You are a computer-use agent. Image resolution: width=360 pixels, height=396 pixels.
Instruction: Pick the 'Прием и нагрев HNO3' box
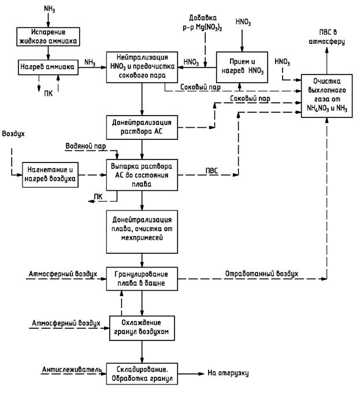click(242, 67)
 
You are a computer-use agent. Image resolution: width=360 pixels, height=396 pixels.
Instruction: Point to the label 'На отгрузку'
click(228, 374)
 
